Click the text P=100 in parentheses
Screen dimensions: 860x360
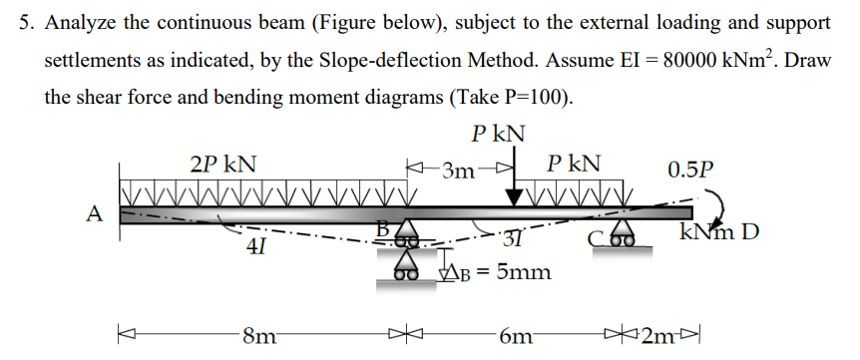pos(529,97)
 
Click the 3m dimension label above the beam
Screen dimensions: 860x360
pos(462,169)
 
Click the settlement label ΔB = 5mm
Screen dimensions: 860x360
pos(492,270)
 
